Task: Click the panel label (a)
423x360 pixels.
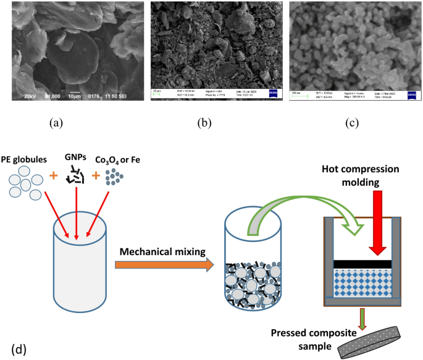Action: tap(56, 123)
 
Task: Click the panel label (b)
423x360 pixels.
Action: tap(204, 123)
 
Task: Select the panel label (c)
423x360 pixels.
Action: tap(353, 123)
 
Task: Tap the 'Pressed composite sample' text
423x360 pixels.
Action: tap(306, 340)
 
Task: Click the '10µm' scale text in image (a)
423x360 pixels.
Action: tap(75, 96)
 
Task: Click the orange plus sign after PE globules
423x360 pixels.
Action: tap(54, 176)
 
